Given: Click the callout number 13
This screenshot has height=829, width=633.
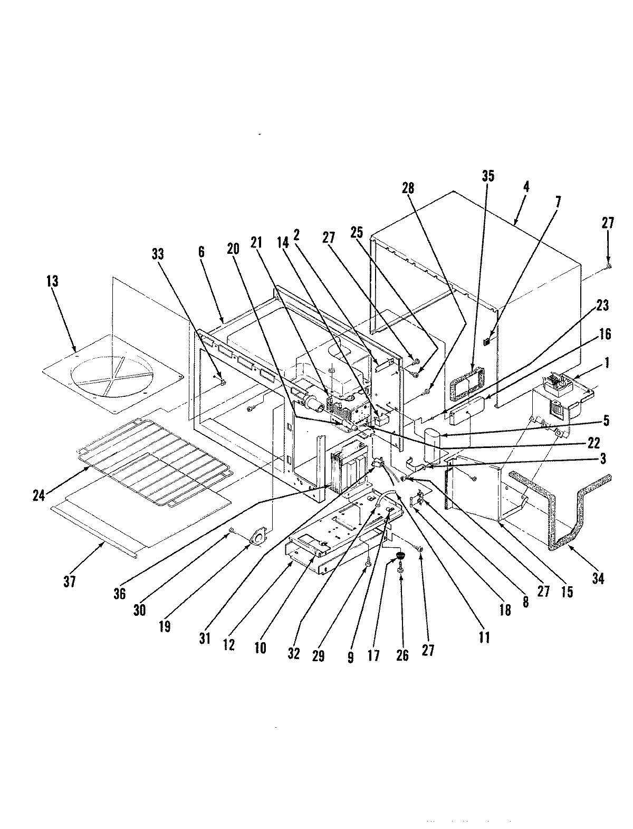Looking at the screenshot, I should click(52, 281).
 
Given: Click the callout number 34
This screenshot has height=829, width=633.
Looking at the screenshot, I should click(598, 578).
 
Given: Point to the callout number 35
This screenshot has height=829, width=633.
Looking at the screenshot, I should click(488, 176).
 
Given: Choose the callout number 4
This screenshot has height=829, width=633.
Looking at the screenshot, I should click(526, 187).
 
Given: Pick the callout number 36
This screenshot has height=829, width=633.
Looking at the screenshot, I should click(119, 593).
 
